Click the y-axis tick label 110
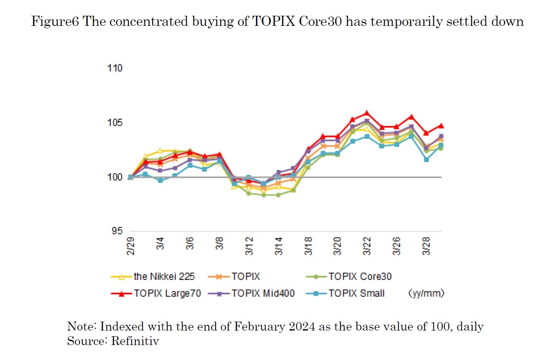(115, 68)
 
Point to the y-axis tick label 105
(115, 123)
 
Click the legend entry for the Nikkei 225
(164, 277)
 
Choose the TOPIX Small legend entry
(357, 293)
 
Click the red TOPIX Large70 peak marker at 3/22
(367, 113)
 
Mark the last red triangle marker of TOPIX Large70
(441, 126)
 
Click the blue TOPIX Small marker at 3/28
(426, 160)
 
